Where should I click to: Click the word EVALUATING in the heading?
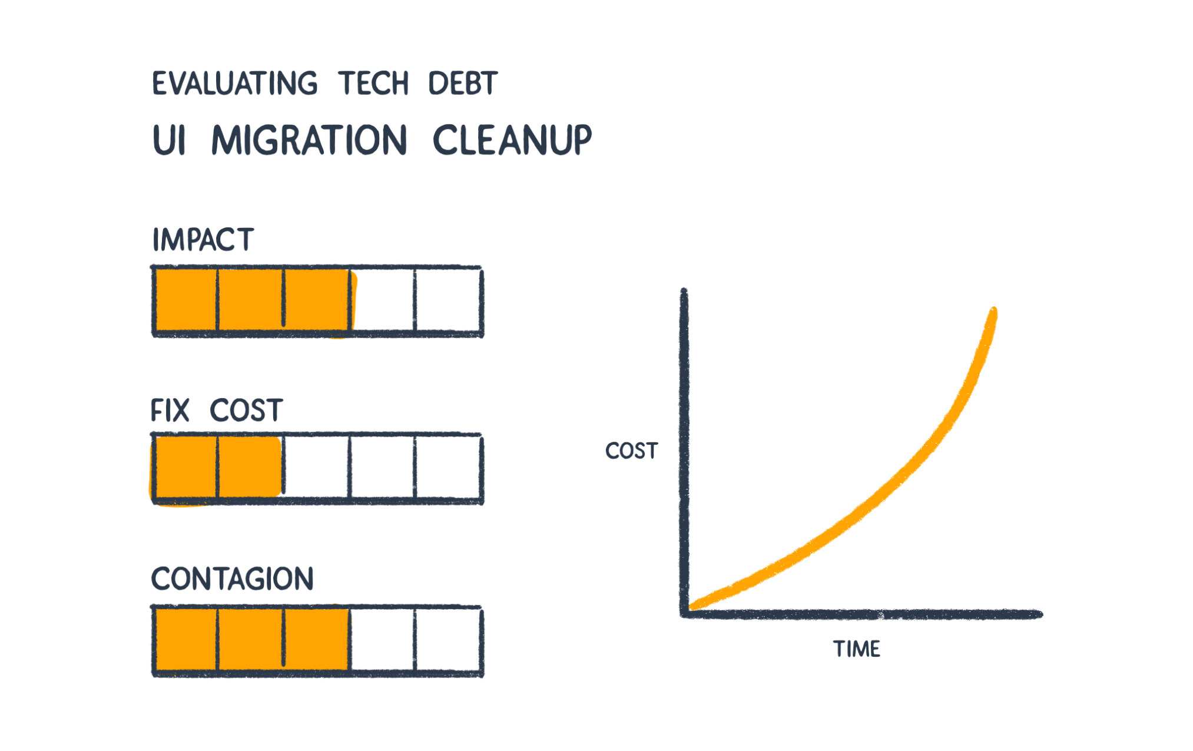235,83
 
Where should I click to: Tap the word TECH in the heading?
373,83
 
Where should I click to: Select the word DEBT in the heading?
463,83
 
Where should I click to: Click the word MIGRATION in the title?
309,140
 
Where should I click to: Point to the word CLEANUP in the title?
512,140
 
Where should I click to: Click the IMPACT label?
203,240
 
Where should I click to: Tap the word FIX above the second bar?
170,411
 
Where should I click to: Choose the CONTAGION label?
233,578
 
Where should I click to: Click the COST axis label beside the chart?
631,451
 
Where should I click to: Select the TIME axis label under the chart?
857,649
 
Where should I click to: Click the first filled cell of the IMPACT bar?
185,300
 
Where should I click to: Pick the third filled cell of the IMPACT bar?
317,300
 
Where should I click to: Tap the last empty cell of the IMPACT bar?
448,300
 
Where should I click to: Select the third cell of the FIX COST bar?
317,468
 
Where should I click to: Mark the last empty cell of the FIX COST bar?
448,468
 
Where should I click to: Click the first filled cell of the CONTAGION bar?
185,640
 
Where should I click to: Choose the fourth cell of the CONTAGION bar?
383,640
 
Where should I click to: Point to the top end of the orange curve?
993,310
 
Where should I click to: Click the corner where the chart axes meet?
684,614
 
